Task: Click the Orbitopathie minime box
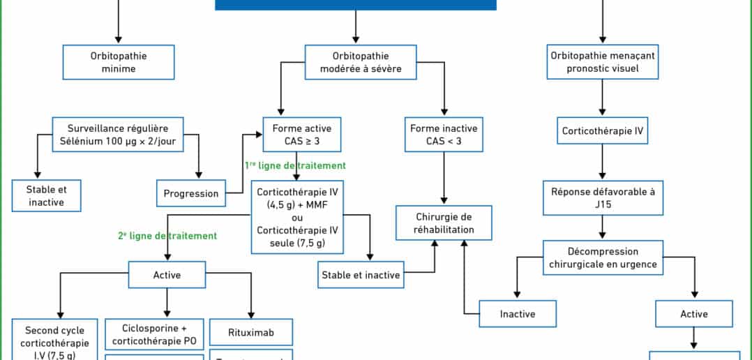tap(118, 62)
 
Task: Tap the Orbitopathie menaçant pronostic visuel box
tap(602, 62)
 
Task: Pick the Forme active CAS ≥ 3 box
tap(302, 135)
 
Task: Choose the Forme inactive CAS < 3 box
tap(443, 135)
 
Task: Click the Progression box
tap(191, 193)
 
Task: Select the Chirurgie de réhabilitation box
tap(443, 223)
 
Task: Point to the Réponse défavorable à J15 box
tap(602, 198)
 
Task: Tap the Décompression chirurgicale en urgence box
tap(602, 257)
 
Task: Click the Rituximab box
tap(250, 332)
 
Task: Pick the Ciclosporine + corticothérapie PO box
tap(154, 334)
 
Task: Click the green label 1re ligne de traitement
tap(294, 166)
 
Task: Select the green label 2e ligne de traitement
tap(167, 236)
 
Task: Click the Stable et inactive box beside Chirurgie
tap(361, 275)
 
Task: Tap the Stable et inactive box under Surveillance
tap(47, 195)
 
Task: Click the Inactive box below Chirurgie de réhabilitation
tap(518, 314)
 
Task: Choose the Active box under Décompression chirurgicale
tap(693, 314)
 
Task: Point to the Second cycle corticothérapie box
tap(55, 341)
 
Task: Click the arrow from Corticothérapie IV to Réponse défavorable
tap(602, 163)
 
